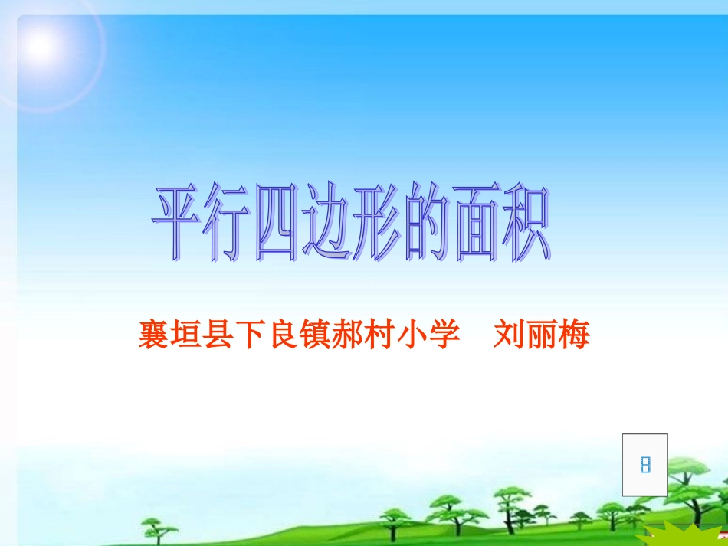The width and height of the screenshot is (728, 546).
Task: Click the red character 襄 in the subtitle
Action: click(x=153, y=335)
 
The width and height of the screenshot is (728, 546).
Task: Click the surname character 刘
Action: click(x=508, y=335)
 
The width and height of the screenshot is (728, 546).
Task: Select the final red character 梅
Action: click(x=574, y=335)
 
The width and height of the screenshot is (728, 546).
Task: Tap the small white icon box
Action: click(x=644, y=464)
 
